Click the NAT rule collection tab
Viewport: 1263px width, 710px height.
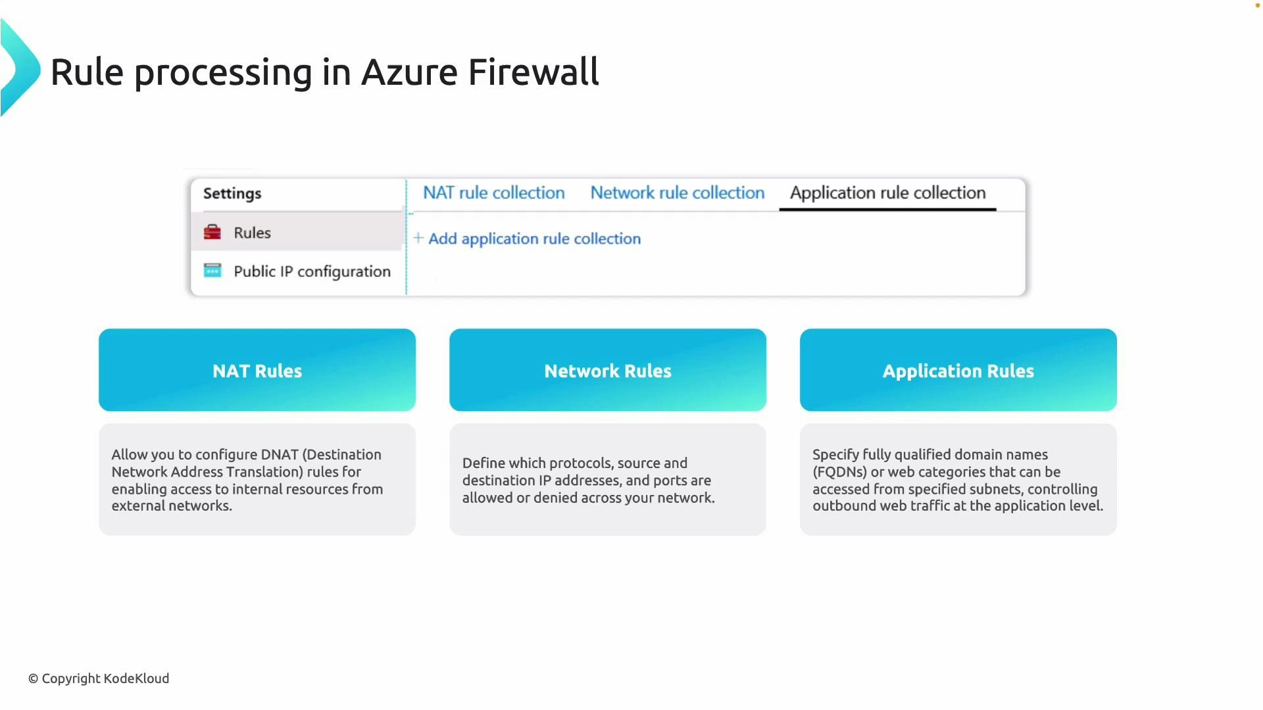[x=493, y=193]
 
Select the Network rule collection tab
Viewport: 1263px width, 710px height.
[x=677, y=193]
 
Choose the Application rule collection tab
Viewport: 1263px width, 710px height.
[x=887, y=193]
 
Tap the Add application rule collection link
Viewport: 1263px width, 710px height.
[x=534, y=239]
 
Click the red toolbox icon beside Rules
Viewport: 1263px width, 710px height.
[x=212, y=232]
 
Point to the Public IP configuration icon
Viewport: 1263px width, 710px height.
[x=212, y=271]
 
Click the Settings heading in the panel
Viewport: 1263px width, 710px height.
[x=232, y=193]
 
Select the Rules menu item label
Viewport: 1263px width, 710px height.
[x=252, y=233]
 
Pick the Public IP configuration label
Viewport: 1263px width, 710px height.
[x=312, y=272]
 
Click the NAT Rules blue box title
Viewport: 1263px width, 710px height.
[x=257, y=371]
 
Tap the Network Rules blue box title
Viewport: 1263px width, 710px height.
[x=608, y=371]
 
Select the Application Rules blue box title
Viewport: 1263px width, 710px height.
[x=958, y=371]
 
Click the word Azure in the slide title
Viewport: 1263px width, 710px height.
[x=409, y=72]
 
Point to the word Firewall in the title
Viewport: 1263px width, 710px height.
[x=533, y=72]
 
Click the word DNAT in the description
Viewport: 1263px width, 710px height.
[x=280, y=455]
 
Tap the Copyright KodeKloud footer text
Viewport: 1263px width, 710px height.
[x=99, y=678]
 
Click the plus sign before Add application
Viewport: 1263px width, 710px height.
[x=418, y=238]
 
